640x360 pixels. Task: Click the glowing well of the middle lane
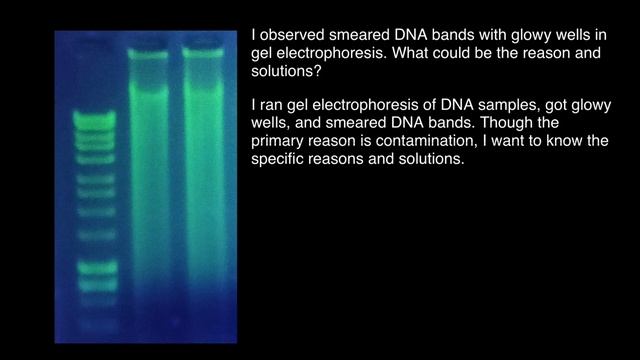(x=148, y=53)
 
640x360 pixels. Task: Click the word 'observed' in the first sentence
(x=294, y=35)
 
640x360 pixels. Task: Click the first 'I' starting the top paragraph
(x=253, y=35)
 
